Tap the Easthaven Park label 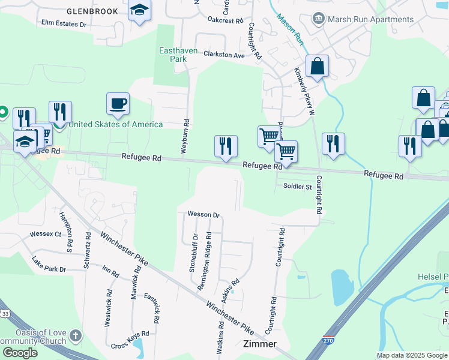click(x=178, y=55)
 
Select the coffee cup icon click(x=118, y=103)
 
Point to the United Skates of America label click(x=116, y=124)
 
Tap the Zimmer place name click(x=260, y=344)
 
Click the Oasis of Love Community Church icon click(x=75, y=335)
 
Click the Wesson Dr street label click(x=204, y=214)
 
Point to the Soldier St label click(x=298, y=186)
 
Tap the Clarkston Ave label click(x=224, y=55)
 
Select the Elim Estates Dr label click(x=64, y=24)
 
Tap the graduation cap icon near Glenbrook click(x=140, y=10)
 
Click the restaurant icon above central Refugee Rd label click(x=226, y=146)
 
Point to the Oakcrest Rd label click(x=225, y=20)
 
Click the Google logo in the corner click(x=20, y=353)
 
